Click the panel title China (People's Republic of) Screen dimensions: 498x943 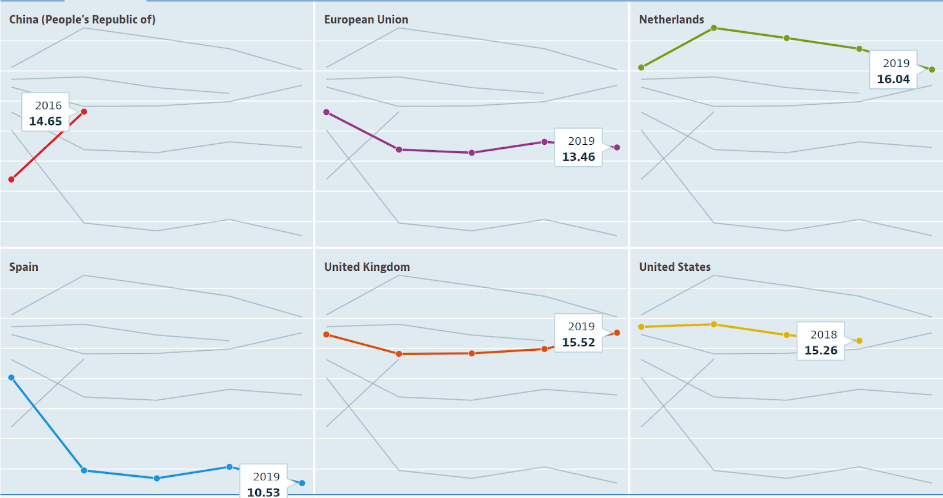[82, 19]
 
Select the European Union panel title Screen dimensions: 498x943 [366, 19]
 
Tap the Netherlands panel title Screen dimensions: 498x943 [671, 19]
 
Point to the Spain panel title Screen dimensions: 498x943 [24, 267]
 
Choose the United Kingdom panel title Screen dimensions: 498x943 [367, 267]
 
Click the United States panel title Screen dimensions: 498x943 [675, 267]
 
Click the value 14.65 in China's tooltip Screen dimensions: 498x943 [45, 121]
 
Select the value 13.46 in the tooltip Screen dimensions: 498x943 [578, 157]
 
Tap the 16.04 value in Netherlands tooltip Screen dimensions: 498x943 [893, 79]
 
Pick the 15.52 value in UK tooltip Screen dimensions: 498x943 [578, 342]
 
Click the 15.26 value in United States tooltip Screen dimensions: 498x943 [820, 350]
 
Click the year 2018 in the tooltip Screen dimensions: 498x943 [823, 334]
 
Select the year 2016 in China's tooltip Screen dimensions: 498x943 [48, 105]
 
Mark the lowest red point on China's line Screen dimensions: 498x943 [11, 179]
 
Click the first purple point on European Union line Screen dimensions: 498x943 [327, 112]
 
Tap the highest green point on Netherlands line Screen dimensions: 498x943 [714, 28]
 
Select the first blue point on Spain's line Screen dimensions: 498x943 [11, 377]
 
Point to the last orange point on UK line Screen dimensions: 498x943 [617, 333]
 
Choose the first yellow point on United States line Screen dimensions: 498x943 [641, 327]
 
